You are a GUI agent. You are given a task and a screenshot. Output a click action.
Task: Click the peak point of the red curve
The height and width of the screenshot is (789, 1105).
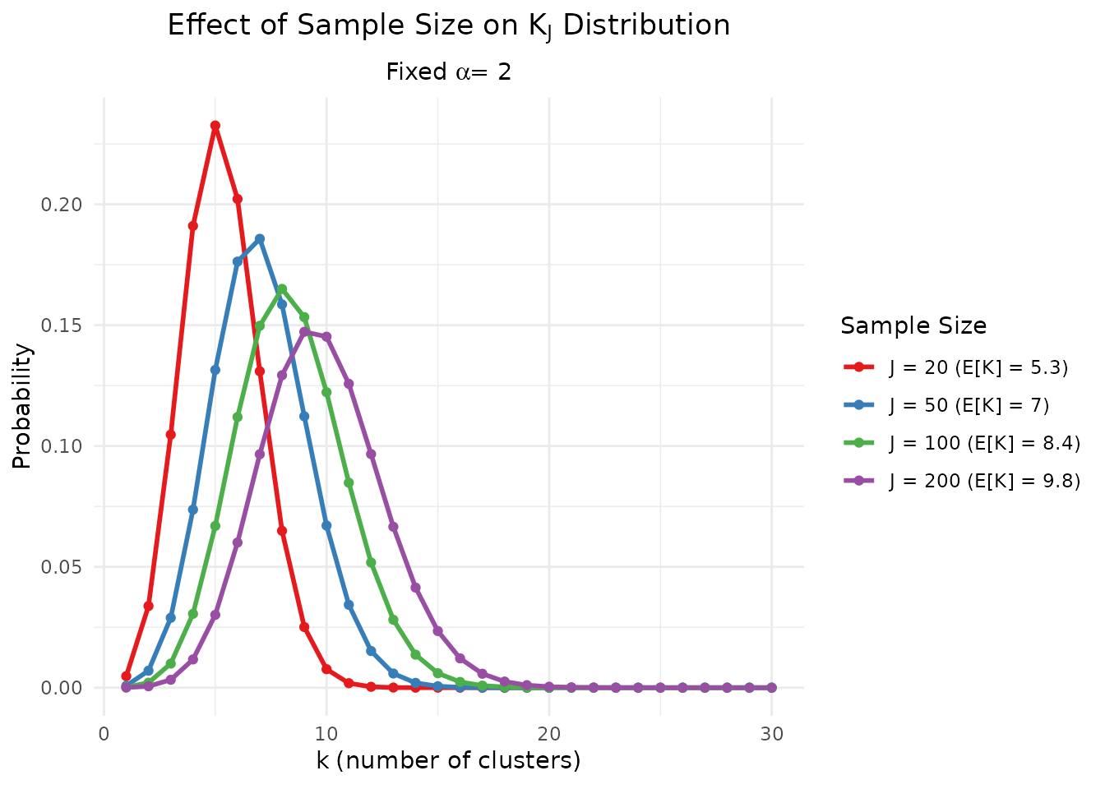[x=215, y=126]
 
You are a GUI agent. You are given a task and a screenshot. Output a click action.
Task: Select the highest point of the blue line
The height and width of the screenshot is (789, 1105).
[x=260, y=239]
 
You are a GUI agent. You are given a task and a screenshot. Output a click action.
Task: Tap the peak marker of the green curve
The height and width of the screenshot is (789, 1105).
[x=282, y=288]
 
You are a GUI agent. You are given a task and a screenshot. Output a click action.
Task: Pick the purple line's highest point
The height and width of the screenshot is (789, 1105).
[x=304, y=332]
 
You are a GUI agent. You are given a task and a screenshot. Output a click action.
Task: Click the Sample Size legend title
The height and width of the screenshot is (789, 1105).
[x=913, y=326]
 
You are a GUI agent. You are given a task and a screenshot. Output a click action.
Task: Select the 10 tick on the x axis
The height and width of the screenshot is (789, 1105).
[x=326, y=734]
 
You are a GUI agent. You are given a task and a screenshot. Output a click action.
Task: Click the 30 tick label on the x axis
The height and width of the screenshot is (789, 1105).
[x=771, y=734]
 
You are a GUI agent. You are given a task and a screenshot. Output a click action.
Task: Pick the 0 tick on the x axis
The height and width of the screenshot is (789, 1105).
[x=104, y=734]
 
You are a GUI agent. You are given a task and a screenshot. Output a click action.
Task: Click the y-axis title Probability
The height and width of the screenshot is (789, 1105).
[x=22, y=406]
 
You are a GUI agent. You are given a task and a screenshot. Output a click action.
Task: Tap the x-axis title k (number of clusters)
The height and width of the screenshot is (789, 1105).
[x=448, y=761]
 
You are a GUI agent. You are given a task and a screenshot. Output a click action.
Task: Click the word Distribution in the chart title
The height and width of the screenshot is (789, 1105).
[x=646, y=25]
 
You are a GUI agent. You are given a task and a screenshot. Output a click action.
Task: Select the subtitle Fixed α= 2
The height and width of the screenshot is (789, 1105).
[x=448, y=72]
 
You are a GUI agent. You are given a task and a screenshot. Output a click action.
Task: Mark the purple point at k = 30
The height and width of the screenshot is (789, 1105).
[x=771, y=687]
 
